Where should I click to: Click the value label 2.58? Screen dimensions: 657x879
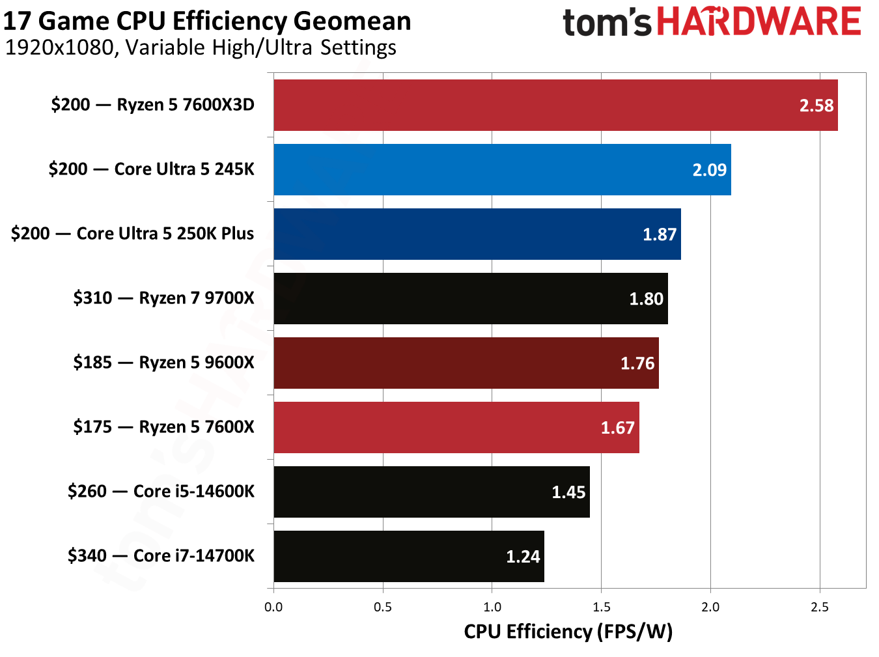816,105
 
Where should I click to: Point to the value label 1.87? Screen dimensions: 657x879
659,234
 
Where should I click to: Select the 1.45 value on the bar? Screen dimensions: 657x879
568,492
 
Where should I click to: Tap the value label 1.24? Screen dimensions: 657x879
523,557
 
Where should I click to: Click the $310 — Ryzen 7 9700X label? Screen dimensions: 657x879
163,298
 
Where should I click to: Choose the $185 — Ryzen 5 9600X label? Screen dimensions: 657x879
163,363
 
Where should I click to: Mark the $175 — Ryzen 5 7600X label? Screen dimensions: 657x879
163,427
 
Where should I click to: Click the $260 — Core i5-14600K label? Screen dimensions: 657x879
161,492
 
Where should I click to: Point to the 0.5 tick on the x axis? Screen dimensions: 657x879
383,607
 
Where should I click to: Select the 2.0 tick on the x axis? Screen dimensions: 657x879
710,607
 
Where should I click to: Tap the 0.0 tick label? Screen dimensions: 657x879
273,607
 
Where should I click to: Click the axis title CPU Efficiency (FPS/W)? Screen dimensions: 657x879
568,632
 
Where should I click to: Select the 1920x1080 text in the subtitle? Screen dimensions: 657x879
59,48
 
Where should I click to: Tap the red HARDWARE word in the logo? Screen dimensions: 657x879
759,21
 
